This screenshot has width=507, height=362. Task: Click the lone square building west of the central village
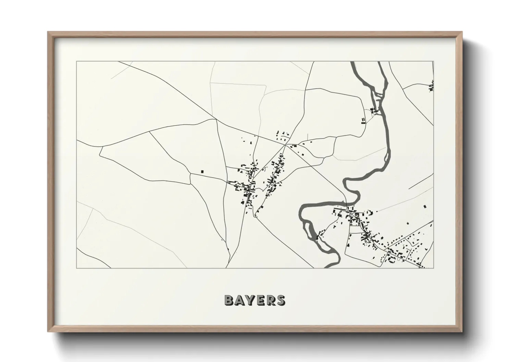(202, 171)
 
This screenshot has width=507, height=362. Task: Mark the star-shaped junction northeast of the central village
(285, 145)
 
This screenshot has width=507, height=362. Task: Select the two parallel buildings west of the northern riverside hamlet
(363, 120)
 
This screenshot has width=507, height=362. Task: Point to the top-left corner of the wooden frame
(48, 32)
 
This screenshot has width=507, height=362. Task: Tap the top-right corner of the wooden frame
(462, 32)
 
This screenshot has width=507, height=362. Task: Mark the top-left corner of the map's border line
(76, 62)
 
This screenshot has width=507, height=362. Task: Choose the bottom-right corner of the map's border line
(434, 268)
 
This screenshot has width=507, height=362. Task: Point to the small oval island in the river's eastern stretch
(386, 157)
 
